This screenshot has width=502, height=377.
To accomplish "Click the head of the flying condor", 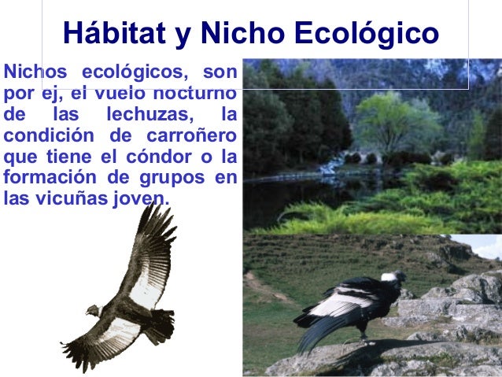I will click(x=93, y=310).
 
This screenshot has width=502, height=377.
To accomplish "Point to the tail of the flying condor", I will click(x=162, y=323).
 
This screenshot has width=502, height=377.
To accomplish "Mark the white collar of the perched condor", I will click(x=388, y=278).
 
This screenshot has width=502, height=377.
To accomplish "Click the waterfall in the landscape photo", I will click(x=334, y=164).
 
